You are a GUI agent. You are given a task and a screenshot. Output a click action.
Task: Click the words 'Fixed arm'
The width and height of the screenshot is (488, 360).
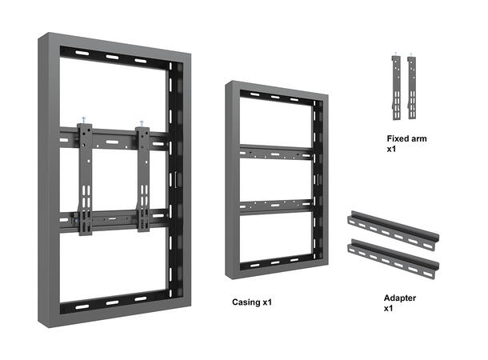click(406, 138)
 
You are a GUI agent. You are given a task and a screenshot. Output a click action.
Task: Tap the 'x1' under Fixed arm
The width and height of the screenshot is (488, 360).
click(392, 149)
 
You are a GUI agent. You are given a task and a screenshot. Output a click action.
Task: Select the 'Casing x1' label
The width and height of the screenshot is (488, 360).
click(252, 302)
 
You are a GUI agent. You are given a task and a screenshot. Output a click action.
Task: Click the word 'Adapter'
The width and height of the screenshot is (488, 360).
click(400, 298)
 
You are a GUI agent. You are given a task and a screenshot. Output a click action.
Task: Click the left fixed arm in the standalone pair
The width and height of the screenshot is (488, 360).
click(396, 88)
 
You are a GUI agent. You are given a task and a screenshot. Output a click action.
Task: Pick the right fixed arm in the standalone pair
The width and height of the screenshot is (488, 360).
click(413, 88)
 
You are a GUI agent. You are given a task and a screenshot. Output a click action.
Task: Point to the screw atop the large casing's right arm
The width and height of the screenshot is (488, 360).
click(141, 122)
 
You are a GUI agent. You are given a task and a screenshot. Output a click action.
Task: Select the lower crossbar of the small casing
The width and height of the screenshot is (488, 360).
click(276, 206)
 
